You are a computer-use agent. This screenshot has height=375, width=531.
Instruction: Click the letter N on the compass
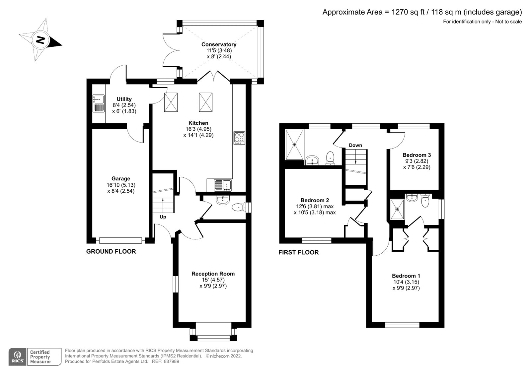pos(40,40)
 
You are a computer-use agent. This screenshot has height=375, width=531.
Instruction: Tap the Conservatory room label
pos(219,44)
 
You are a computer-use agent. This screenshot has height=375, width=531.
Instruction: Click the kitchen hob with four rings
pos(239,138)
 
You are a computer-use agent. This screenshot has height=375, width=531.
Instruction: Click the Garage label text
pos(121,179)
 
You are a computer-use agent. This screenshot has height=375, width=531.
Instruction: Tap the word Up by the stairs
pos(163,217)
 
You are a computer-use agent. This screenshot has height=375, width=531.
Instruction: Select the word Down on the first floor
pos(355,145)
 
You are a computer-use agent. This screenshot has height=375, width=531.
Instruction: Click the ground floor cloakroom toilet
pos(239,208)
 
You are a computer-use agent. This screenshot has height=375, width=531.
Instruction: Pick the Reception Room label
pos(213,274)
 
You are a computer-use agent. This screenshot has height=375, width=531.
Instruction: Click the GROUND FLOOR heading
pos(111,252)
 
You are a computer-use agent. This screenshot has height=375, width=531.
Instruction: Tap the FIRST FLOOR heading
pos(298,252)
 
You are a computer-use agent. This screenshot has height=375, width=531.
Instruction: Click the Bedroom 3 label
pos(417,155)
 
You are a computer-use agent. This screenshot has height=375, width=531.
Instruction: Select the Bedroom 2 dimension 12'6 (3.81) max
pos(315,206)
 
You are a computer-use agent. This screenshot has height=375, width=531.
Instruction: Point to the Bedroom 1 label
pos(406,276)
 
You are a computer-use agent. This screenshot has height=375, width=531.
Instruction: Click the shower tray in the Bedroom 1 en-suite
pos(397,210)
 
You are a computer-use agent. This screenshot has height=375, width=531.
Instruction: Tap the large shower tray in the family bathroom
pos(294,145)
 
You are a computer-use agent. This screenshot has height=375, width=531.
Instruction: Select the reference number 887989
pos(171,361)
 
